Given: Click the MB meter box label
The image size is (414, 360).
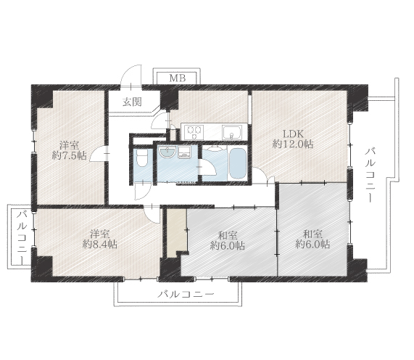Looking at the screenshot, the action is tap(177, 78).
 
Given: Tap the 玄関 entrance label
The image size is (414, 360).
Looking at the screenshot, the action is tap(132, 102).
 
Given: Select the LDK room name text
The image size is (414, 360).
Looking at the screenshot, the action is tap(294, 134).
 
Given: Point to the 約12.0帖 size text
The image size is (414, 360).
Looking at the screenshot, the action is tap(293, 144).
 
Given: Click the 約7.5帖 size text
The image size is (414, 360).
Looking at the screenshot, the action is tap(69, 155).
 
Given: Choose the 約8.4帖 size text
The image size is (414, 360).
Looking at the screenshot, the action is tap(100, 245).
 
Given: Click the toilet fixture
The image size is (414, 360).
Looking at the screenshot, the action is tap(142, 158).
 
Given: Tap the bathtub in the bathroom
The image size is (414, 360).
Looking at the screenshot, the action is tap(238, 164).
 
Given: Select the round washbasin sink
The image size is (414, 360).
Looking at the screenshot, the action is tap(167, 152).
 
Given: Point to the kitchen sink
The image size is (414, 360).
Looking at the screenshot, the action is tap(232, 132).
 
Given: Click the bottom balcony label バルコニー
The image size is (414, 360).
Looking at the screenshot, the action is tap(186, 294).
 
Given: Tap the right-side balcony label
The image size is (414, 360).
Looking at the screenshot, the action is tap(370, 175).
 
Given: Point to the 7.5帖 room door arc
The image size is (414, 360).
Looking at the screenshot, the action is tap(97, 154).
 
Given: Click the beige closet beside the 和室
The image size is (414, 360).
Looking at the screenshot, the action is tap(176, 232).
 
